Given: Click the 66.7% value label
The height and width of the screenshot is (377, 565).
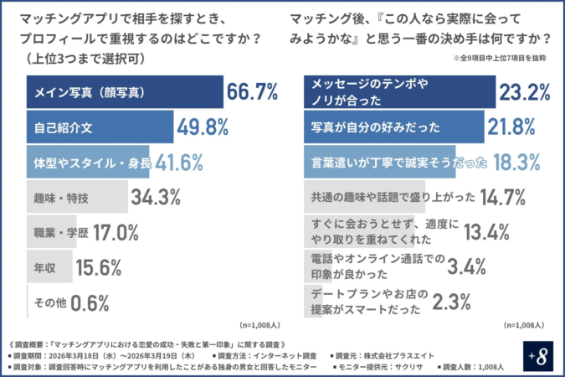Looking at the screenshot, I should pos(253,92).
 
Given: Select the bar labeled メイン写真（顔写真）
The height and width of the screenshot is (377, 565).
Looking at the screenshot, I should pos(126,92).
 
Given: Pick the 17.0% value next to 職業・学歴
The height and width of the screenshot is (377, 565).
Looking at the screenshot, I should pos(116,233).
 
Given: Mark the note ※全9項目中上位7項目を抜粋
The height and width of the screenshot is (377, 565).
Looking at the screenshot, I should pos(500,59).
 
